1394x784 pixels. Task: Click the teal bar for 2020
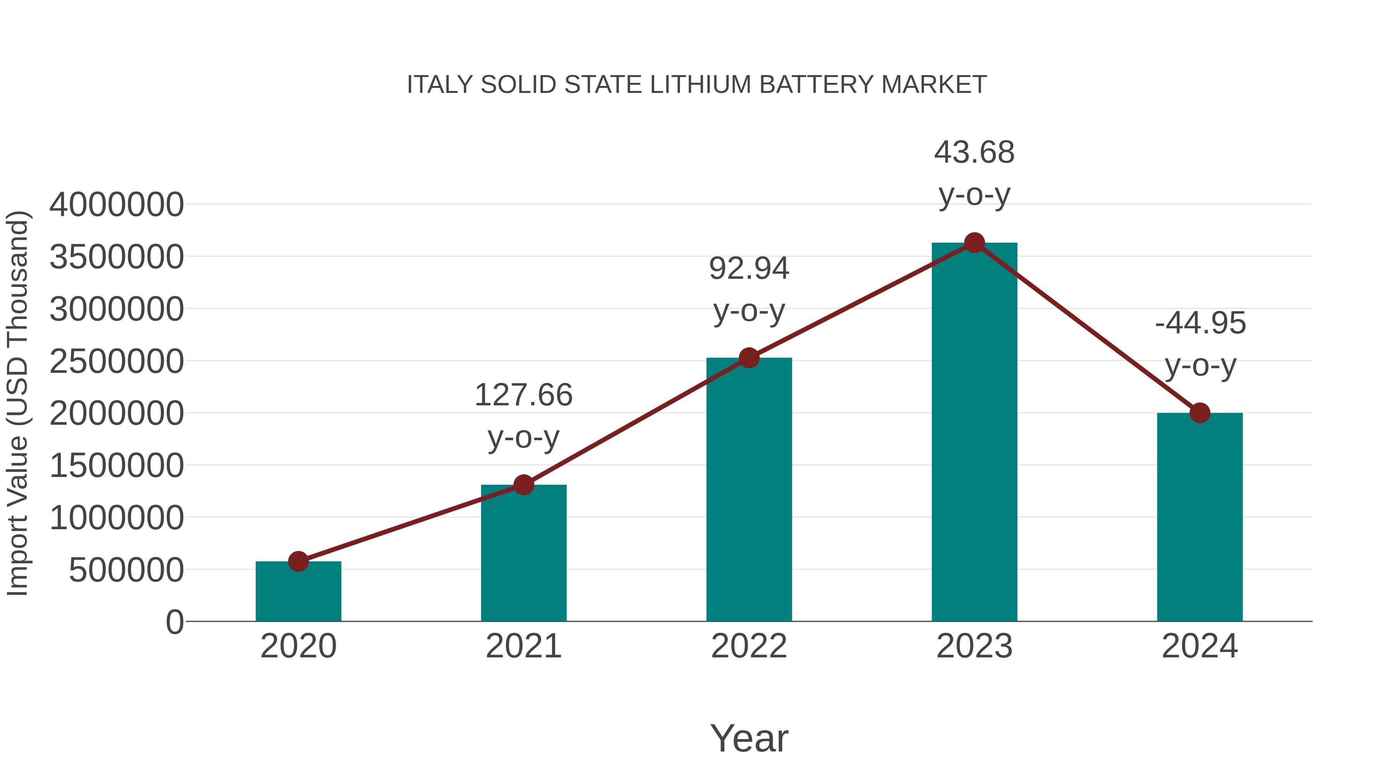pos(298,592)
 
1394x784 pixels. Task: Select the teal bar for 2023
pos(974,433)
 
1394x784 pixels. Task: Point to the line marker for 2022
pos(749,358)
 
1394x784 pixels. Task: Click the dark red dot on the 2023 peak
pos(974,243)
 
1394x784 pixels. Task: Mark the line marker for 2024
pos(1200,413)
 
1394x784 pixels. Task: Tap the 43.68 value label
pos(974,153)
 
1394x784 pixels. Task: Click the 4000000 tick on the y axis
pos(116,205)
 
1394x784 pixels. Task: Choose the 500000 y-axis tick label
pos(126,570)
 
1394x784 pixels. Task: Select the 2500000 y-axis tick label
pos(116,362)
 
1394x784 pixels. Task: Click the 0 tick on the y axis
pos(174,622)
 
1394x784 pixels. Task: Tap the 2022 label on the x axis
pos(749,646)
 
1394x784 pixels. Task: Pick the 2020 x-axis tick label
pos(298,646)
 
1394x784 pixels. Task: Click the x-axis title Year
pos(749,738)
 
